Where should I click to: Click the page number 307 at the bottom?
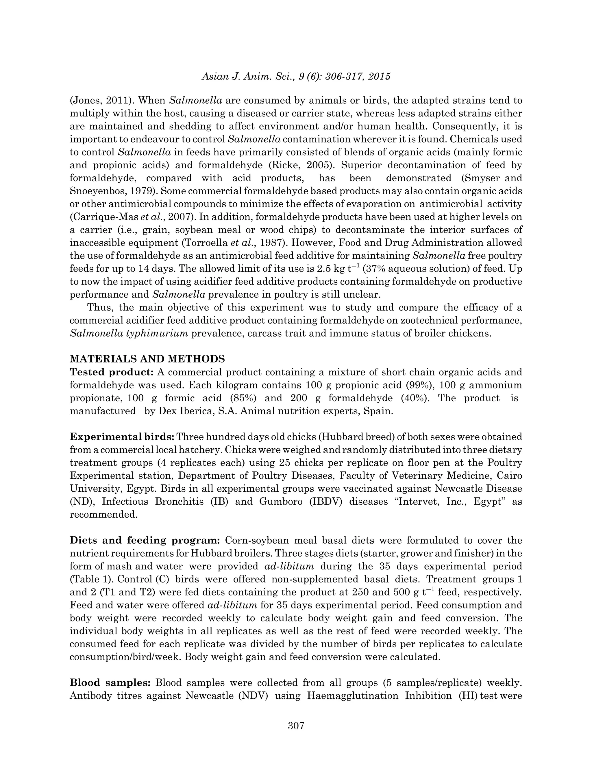[x=296, y=725]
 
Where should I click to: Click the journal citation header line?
[x=296, y=77]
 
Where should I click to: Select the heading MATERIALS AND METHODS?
[x=147, y=359]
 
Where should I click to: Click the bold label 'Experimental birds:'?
[x=122, y=437]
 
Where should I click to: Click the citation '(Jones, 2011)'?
[x=102, y=101]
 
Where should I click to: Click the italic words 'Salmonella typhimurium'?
[x=129, y=333]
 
